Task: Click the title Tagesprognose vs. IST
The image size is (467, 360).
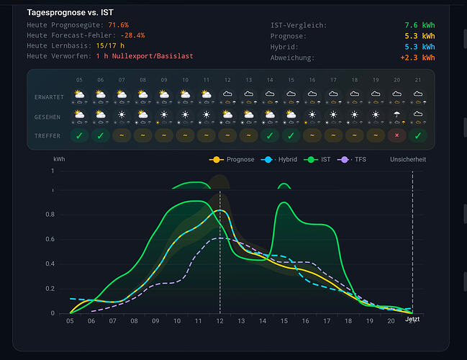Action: point(70,12)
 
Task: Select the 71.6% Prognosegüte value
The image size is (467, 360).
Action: point(118,25)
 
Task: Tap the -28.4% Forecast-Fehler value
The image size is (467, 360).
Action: point(132,35)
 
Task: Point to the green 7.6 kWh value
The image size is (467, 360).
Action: point(420,25)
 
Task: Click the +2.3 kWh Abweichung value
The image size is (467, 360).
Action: point(417,58)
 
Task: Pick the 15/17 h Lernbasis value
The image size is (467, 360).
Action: point(110,46)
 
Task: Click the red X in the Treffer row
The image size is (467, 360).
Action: point(396,135)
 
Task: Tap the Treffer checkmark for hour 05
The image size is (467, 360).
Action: point(79,135)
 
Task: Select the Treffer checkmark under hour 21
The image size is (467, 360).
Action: point(418,135)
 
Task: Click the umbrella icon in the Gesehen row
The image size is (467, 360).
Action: point(396,114)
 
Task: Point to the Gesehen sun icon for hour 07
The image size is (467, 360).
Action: point(122,114)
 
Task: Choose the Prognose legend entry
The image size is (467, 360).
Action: point(232,160)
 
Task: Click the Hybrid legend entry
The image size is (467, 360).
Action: point(279,160)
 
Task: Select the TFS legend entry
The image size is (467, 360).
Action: point(352,160)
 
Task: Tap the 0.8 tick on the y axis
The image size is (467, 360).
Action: point(50,215)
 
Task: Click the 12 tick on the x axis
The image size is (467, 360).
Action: point(219,321)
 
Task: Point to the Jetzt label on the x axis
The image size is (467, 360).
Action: point(412,319)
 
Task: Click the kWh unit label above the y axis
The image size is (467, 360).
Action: point(59,159)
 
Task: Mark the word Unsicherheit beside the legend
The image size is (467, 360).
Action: point(408,160)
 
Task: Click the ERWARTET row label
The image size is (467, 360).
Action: point(49,97)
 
